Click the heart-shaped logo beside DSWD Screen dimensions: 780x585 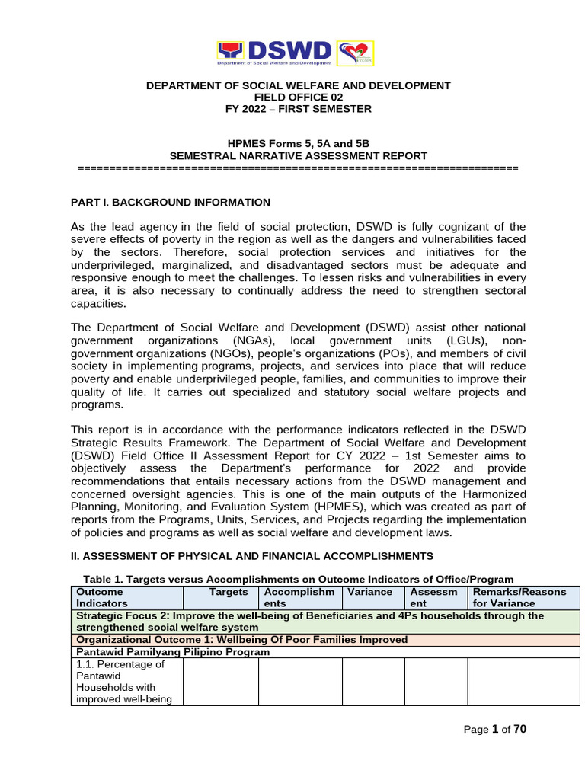pyautogui.click(x=354, y=53)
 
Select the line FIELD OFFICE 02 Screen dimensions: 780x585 pyautogui.click(x=298, y=97)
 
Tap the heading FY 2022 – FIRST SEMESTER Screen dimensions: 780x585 pyautogui.click(x=298, y=109)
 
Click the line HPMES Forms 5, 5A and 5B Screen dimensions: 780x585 pyautogui.click(x=298, y=144)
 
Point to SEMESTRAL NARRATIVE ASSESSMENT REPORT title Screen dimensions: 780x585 pyautogui.click(x=298, y=155)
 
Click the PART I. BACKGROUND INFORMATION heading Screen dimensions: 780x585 pyautogui.click(x=170, y=202)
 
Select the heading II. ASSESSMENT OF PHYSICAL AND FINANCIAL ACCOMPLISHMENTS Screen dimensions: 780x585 pyautogui.click(x=251, y=556)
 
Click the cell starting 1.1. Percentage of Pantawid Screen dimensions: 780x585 pyautogui.click(x=126, y=682)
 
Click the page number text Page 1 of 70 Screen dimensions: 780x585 pyautogui.click(x=495, y=730)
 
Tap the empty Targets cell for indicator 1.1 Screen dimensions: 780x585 pyautogui.click(x=220, y=682)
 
